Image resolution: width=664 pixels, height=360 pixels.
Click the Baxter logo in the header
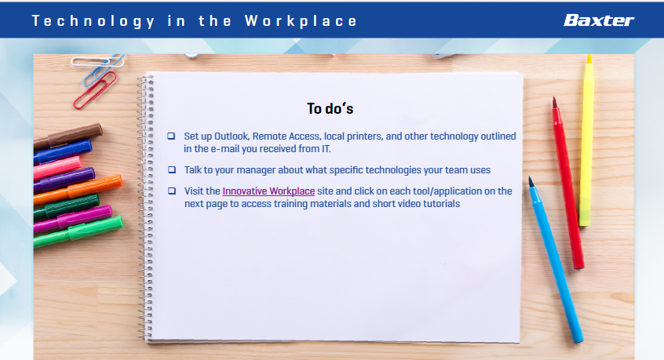coord(598,20)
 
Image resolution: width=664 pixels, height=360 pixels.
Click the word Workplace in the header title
coord(301,20)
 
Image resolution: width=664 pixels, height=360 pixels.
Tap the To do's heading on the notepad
coord(330,109)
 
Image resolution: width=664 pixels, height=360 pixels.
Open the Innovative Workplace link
coord(268,191)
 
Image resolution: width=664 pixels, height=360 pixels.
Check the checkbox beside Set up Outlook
coord(171,136)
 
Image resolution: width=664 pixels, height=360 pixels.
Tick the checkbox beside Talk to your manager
coord(172,169)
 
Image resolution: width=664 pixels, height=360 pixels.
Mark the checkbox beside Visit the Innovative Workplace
coord(172,191)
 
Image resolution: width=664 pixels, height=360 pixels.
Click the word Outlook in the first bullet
coord(232,136)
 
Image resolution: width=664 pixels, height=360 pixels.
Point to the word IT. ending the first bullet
coord(326,149)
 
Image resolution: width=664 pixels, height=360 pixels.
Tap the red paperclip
coord(95,90)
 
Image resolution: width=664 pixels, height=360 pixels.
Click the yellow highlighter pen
coord(586,140)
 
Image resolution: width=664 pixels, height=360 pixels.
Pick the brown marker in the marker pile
coord(67,136)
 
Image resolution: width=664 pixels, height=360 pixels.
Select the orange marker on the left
coord(78,190)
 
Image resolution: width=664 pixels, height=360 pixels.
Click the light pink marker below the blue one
coord(57,168)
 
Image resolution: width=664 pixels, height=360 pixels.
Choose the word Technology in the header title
coord(93,21)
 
